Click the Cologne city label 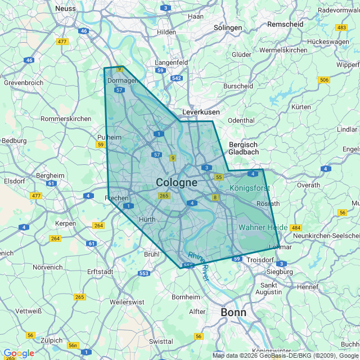pos(177,182)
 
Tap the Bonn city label pos(233,312)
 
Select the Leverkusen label pos(201,112)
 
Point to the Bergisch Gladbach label pos(244,148)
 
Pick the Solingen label pos(228,28)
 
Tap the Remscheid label pos(285,24)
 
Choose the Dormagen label pos(122,80)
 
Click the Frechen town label pos(118,198)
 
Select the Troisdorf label pos(260,260)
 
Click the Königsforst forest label pos(250,188)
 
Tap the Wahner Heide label pos(263,227)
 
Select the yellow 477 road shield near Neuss pos(62,41)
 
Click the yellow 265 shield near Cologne pos(164,196)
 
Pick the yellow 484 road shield pos(296,228)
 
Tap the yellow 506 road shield pos(323,80)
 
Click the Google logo pos(19,353)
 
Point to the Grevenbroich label pos(24,83)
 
